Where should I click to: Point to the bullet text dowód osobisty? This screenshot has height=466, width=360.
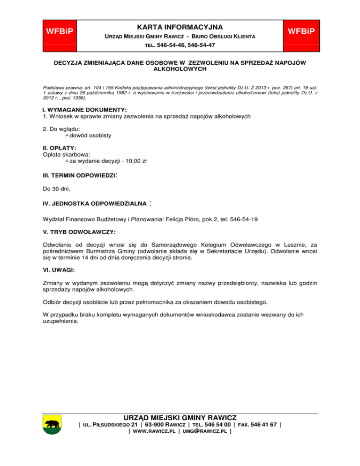coord(90,135)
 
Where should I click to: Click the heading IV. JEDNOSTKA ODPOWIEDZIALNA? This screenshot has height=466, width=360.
coord(95,204)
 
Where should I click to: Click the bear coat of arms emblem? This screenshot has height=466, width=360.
coord(52,424)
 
